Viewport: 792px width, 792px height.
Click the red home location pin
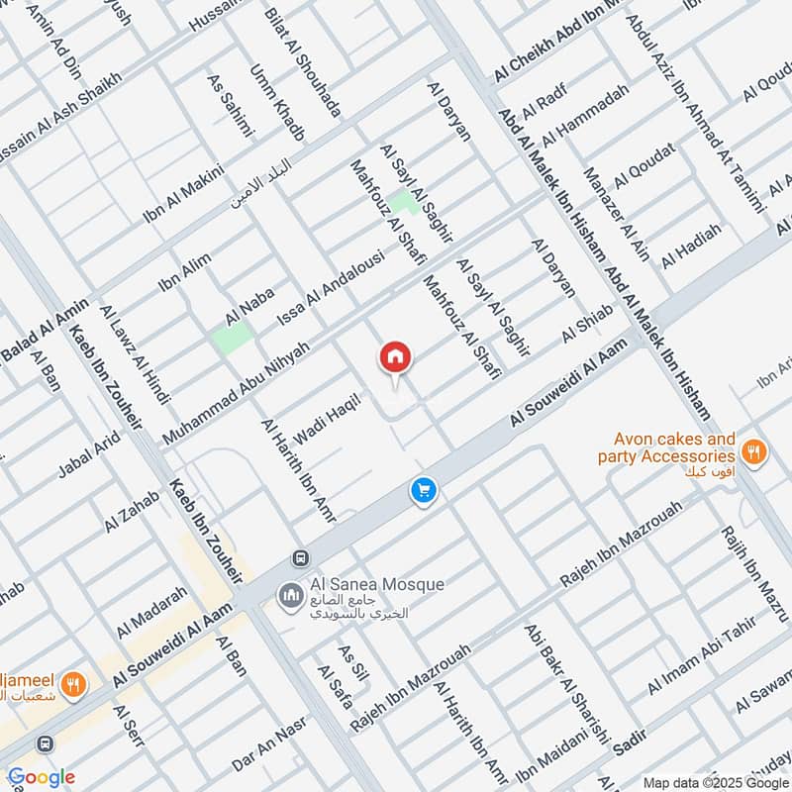[395, 357]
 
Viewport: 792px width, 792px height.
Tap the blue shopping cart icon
[424, 490]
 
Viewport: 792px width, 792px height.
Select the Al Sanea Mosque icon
[289, 595]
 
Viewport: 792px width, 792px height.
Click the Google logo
[41, 777]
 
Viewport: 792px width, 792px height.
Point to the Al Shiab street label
[588, 324]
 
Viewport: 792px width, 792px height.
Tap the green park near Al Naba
[231, 338]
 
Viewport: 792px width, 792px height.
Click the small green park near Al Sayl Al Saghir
[402, 203]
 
